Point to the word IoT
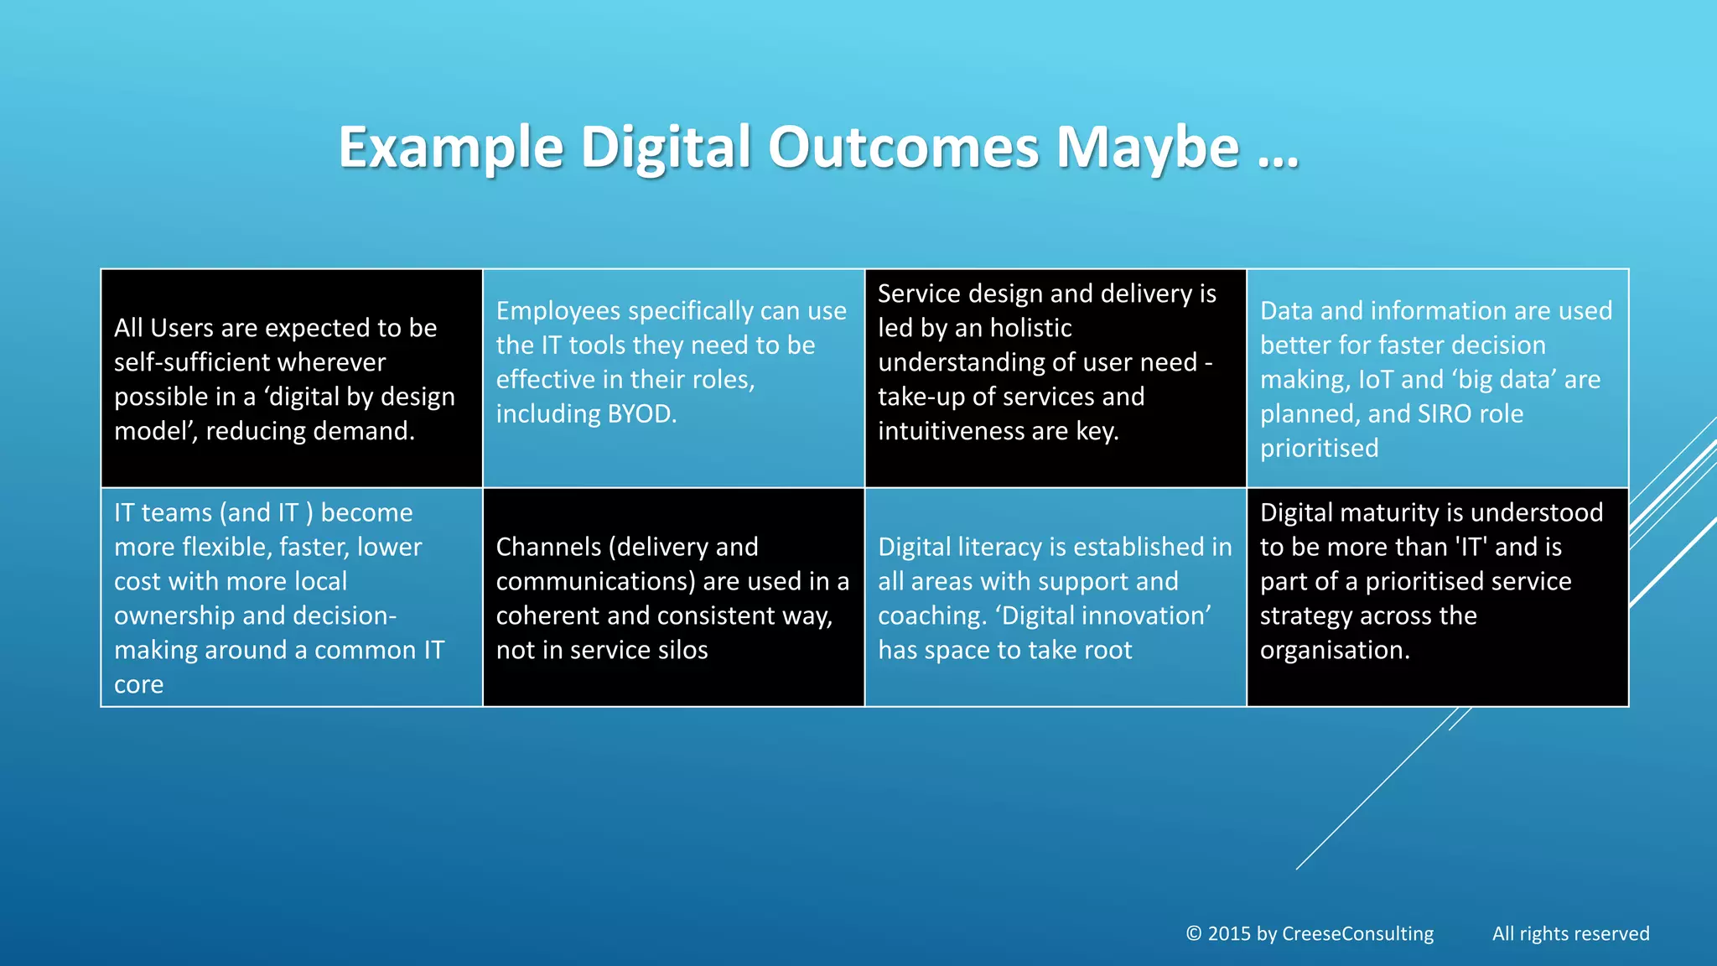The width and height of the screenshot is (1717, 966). (x=1376, y=380)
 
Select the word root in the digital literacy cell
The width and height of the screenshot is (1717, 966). (x=1104, y=650)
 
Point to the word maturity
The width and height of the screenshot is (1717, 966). (x=1386, y=512)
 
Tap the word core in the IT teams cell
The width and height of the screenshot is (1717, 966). (x=138, y=685)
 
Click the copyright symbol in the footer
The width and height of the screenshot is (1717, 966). (x=1194, y=934)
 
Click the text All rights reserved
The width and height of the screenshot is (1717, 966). (x=1570, y=934)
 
